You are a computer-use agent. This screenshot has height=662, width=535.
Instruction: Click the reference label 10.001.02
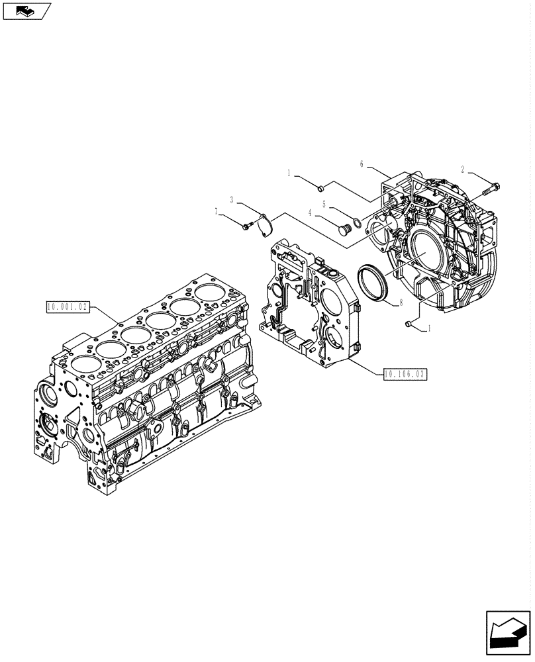pos(66,306)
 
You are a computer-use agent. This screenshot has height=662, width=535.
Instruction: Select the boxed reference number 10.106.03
pos(404,374)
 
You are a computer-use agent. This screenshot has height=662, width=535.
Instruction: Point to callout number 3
pos(232,199)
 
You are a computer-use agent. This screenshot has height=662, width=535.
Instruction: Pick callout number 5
pos(324,204)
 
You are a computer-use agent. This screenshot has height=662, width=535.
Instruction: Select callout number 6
pos(362,164)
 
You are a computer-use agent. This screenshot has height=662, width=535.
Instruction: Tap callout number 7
pos(217,212)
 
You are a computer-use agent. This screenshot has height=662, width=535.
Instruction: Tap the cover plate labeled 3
pos(266,223)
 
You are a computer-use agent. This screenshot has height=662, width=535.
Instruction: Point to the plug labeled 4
pos(343,229)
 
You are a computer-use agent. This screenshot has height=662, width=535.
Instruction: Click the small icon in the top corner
pos(26,10)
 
